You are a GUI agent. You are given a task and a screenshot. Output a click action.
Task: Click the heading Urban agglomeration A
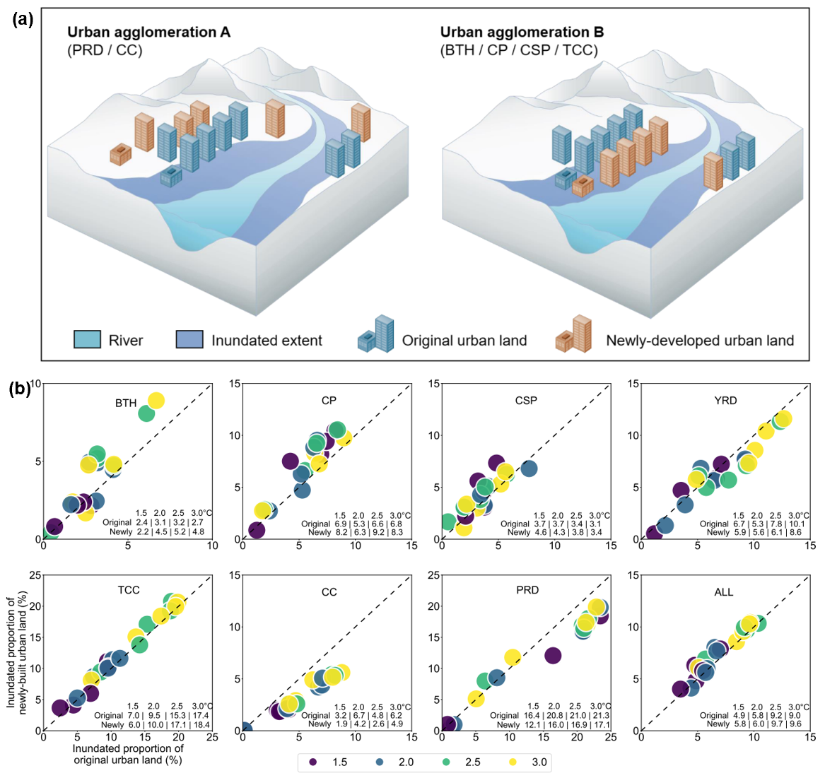[x=148, y=33]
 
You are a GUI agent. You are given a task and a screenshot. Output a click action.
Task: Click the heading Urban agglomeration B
[x=522, y=33]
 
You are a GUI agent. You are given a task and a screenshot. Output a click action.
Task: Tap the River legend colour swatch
[x=88, y=340]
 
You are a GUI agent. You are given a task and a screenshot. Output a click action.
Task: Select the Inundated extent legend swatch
[x=189, y=340]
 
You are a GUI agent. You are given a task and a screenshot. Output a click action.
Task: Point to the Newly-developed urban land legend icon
[x=573, y=335]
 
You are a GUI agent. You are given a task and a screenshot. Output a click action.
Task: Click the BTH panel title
[x=126, y=403]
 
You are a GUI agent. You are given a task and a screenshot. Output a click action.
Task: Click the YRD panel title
[x=725, y=401]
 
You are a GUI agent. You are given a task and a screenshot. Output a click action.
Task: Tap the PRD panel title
[x=527, y=590]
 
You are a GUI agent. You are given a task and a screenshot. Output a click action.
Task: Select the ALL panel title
[x=723, y=592]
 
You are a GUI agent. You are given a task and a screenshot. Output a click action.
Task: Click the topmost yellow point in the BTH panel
[x=156, y=401]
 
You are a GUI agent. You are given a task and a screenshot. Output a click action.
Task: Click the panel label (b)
[x=19, y=388]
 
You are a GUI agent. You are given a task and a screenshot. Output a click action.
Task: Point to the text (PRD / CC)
[x=105, y=50]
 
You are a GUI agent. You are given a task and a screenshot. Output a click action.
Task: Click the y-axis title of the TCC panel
[x=16, y=653]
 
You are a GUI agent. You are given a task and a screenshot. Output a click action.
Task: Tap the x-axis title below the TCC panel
[x=128, y=754]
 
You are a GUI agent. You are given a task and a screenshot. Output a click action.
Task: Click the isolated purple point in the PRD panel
[x=553, y=656]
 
